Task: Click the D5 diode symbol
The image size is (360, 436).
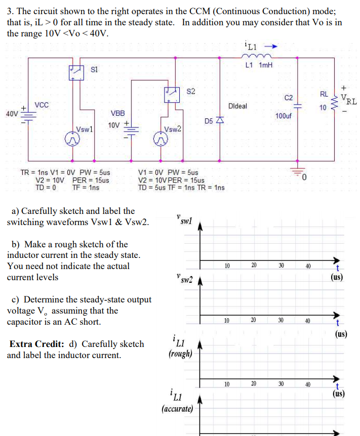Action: click(x=219, y=121)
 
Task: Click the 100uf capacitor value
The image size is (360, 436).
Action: click(x=284, y=116)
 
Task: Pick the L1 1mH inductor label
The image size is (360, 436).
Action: click(x=258, y=65)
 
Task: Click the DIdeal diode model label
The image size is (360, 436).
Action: click(x=237, y=106)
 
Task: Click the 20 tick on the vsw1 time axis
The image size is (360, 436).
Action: click(x=254, y=265)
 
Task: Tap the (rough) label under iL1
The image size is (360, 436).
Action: click(x=180, y=354)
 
